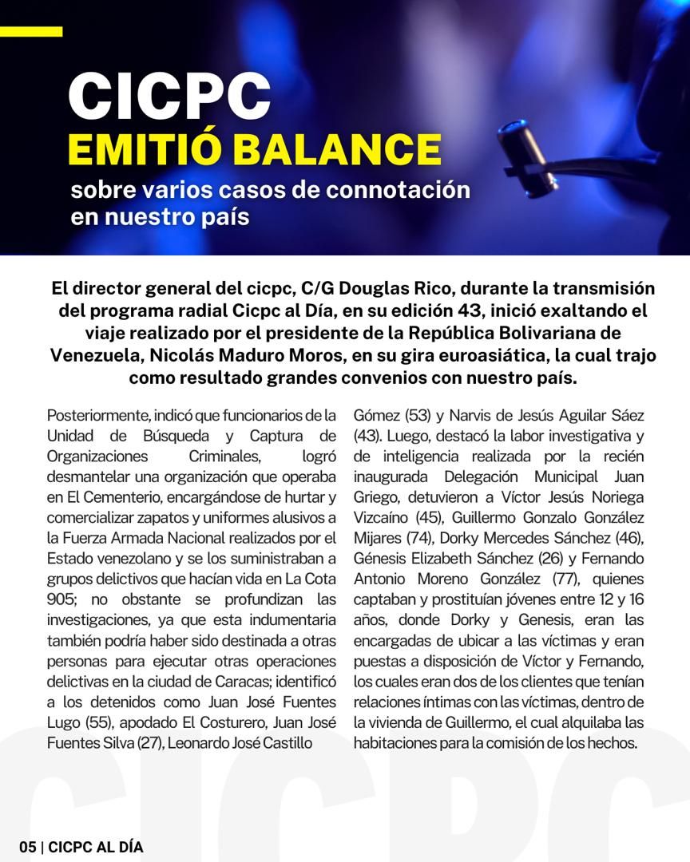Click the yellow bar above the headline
pyautogui.click(x=31, y=32)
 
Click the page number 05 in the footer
pyautogui.click(x=28, y=848)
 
